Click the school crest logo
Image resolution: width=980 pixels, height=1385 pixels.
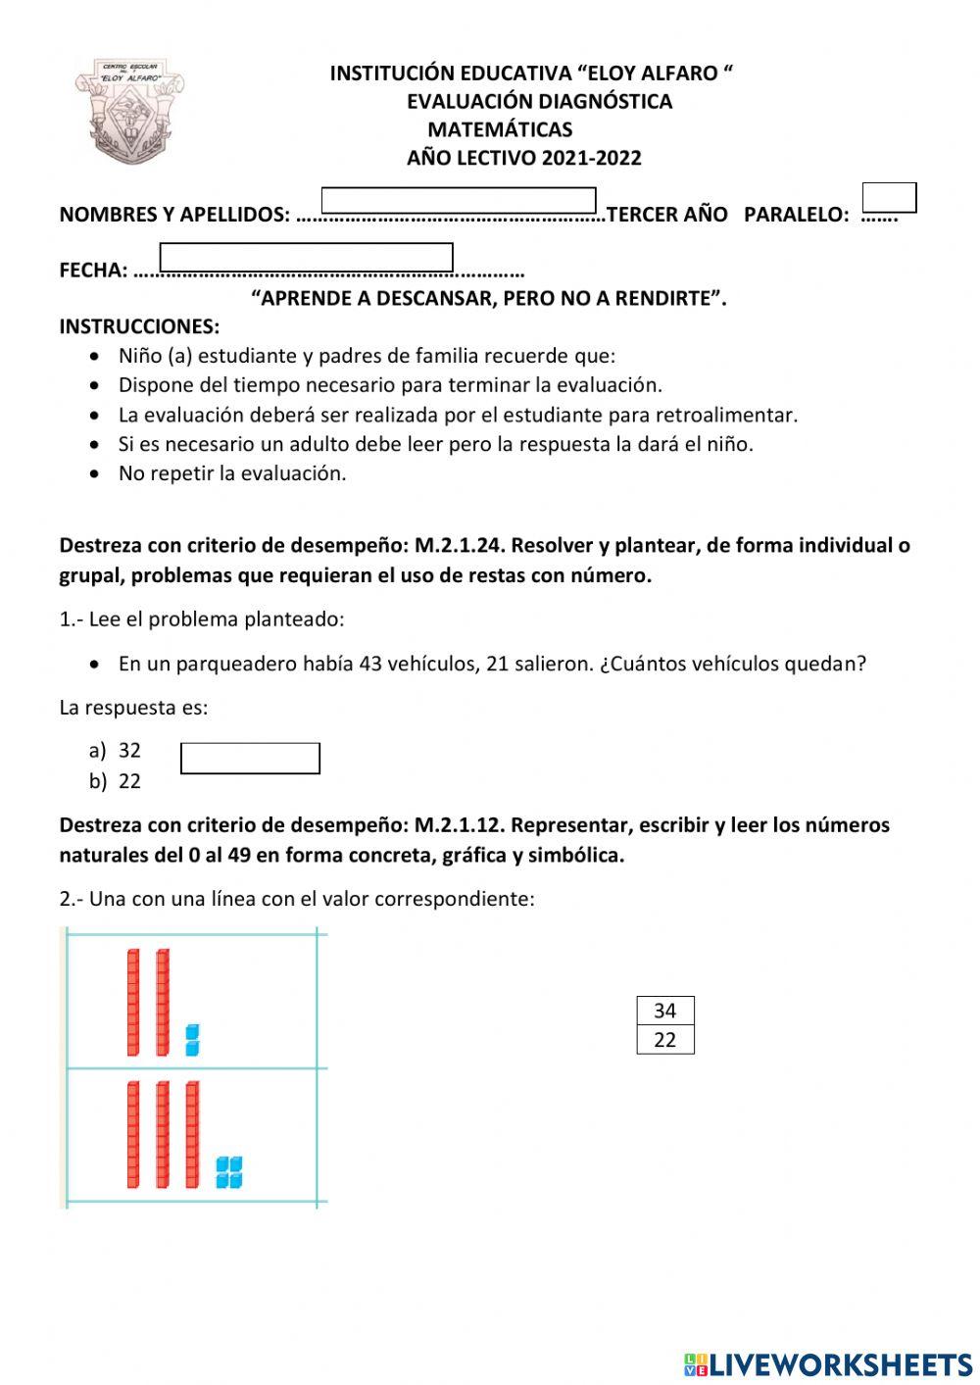click(x=129, y=111)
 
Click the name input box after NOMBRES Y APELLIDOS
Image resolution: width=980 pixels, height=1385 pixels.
click(x=459, y=201)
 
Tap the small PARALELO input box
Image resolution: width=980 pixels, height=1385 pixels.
click(x=889, y=197)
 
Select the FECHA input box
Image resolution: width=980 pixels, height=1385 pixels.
click(x=306, y=257)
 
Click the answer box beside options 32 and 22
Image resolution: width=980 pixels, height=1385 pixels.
click(x=250, y=759)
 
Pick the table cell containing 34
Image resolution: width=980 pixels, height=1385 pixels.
click(x=665, y=1011)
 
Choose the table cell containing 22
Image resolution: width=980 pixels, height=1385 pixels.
click(x=665, y=1040)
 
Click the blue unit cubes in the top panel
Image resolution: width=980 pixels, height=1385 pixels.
click(x=192, y=1040)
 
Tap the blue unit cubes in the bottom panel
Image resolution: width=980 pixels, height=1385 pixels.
click(x=229, y=1171)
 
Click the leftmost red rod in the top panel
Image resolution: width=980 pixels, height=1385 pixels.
click(x=133, y=1002)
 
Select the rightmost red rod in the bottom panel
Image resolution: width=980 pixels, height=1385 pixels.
click(x=192, y=1134)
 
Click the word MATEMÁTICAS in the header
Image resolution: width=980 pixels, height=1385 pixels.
click(x=500, y=129)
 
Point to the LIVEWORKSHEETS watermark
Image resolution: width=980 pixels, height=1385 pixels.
click(x=828, y=1364)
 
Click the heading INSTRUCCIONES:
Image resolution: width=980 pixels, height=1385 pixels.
click(x=139, y=326)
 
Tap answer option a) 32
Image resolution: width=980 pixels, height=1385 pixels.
click(x=116, y=751)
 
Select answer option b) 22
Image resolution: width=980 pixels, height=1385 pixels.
click(x=116, y=781)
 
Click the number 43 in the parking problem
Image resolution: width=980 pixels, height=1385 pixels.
click(x=370, y=664)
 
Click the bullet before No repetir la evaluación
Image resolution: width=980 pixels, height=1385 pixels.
click(x=94, y=473)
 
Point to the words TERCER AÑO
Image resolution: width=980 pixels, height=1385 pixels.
click(x=667, y=215)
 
